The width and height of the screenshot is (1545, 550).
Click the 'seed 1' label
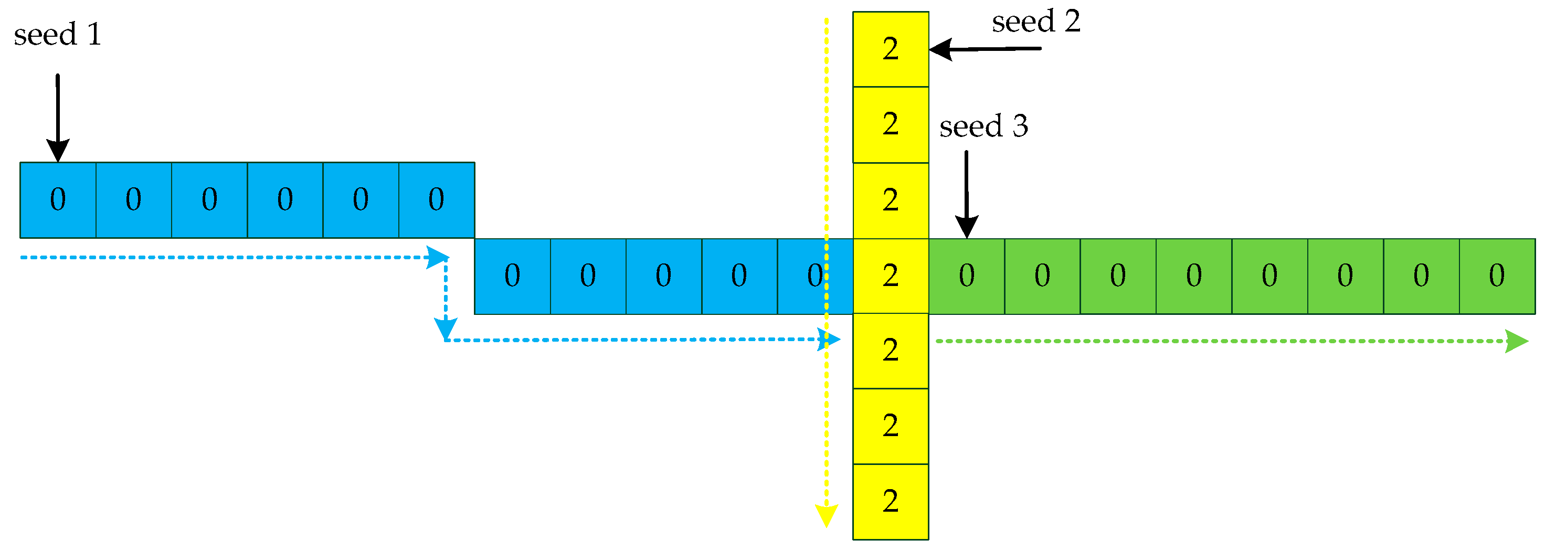pyautogui.click(x=58, y=35)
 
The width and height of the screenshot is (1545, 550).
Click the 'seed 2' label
pyautogui.click(x=1036, y=22)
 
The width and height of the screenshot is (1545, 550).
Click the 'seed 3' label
pyautogui.click(x=983, y=126)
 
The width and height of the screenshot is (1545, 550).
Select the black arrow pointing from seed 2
pyautogui.click(x=983, y=49)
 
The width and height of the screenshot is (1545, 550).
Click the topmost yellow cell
pyautogui.click(x=891, y=49)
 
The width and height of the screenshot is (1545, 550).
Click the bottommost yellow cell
pyautogui.click(x=891, y=501)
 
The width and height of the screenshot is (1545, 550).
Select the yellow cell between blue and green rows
pyautogui.click(x=891, y=276)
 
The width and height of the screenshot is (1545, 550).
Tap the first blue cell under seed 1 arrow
pyautogui.click(x=58, y=200)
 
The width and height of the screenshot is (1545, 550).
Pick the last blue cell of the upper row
pyautogui.click(x=437, y=200)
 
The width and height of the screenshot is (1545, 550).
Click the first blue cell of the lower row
pyautogui.click(x=512, y=276)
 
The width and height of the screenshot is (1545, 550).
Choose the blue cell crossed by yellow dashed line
pyautogui.click(x=815, y=276)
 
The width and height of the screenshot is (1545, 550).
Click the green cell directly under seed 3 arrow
pyautogui.click(x=966, y=276)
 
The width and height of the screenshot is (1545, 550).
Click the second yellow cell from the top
pyautogui.click(x=891, y=125)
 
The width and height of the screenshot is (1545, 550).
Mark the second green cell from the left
pyautogui.click(x=1042, y=276)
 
